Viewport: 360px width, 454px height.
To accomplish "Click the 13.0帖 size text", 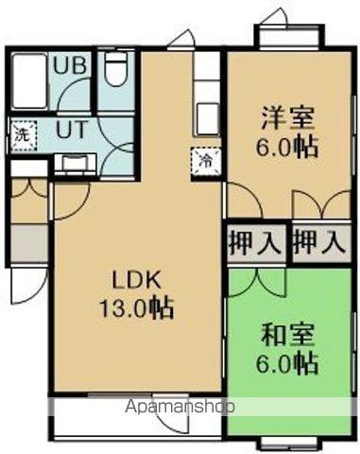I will click(140, 307).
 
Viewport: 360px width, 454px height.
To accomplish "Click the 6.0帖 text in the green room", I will click(288, 362).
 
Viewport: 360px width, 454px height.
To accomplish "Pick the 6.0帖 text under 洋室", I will click(288, 148).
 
